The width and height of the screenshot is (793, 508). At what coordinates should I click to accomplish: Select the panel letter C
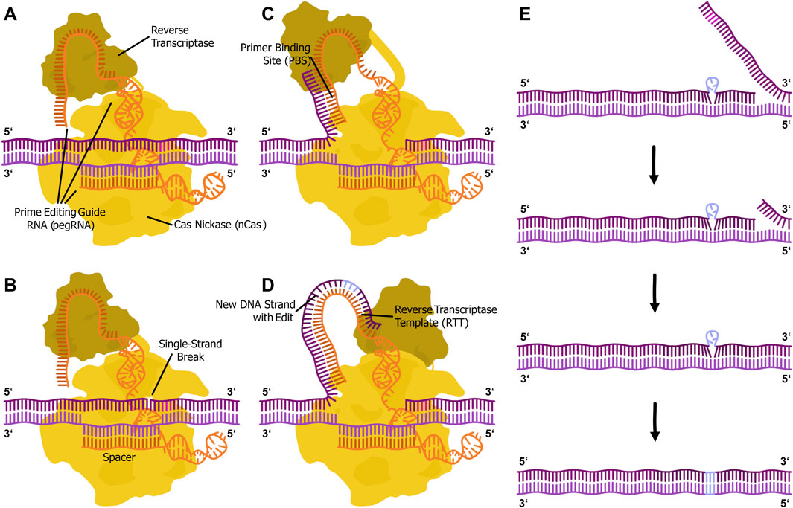point(267,14)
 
